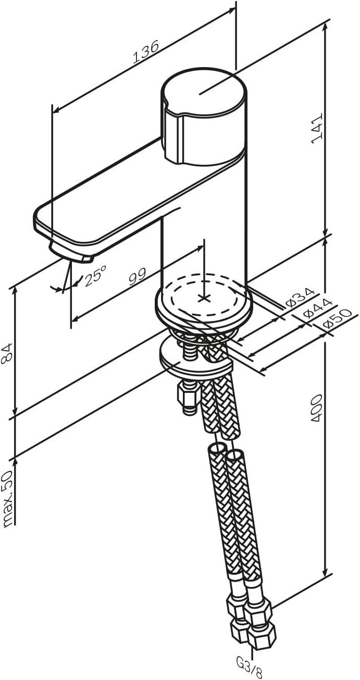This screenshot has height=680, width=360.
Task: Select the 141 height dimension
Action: point(317,128)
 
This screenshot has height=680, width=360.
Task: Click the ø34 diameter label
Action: point(300,297)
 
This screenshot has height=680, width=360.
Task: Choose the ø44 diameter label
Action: point(318,307)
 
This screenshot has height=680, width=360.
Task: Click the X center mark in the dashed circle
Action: point(204,298)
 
